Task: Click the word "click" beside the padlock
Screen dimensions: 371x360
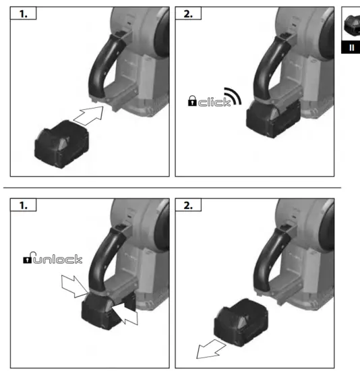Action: click(214, 102)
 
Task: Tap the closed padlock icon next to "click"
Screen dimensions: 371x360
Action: click(192, 102)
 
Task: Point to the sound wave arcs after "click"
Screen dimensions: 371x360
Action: click(233, 96)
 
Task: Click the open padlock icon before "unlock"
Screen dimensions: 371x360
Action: click(28, 259)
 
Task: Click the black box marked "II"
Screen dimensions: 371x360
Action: click(352, 48)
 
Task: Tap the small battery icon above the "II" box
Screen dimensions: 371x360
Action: click(353, 26)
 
